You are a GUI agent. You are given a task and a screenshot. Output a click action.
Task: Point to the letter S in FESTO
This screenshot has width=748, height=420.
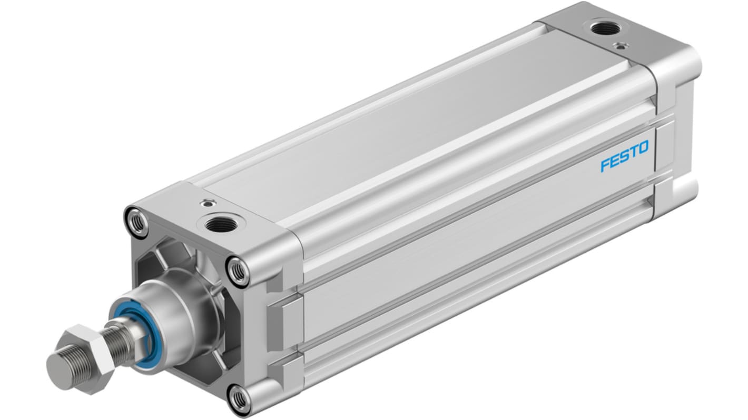[x=624, y=157]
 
